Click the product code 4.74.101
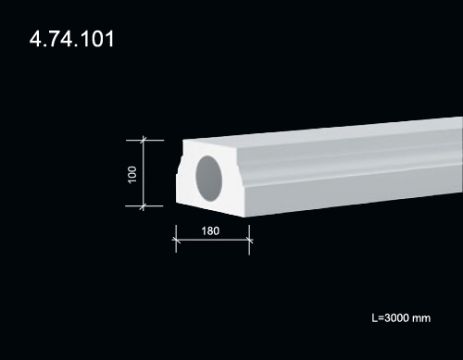pyautogui.click(x=71, y=39)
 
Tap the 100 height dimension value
pyautogui.click(x=132, y=175)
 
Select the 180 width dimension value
pyautogui.click(x=210, y=231)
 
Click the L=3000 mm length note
pyautogui.click(x=401, y=318)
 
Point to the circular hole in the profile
pyautogui.click(x=209, y=179)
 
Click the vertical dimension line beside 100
pyautogui.click(x=144, y=173)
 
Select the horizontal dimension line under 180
pyautogui.click(x=213, y=240)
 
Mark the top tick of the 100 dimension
pyautogui.click(x=143, y=141)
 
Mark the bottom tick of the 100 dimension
pyautogui.click(x=143, y=206)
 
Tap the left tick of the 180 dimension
pyautogui.click(x=176, y=240)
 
